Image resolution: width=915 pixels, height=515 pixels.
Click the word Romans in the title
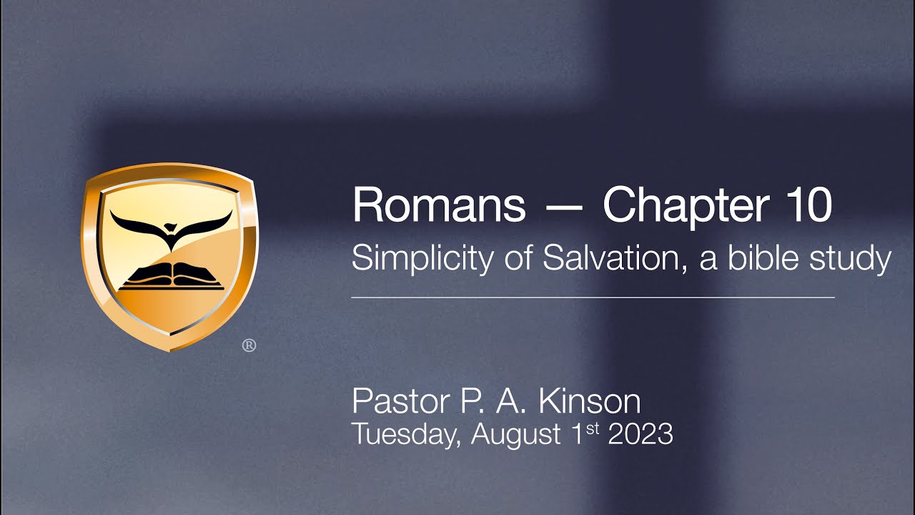tap(438, 205)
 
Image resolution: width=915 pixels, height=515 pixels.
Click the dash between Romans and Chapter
tap(563, 207)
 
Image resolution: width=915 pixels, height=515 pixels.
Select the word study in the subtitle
tap(851, 258)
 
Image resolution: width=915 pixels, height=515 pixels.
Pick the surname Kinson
tap(589, 402)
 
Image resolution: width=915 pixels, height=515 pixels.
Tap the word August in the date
tap(516, 434)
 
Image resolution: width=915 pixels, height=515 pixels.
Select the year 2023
tap(640, 434)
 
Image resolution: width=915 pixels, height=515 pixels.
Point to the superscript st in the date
tap(593, 428)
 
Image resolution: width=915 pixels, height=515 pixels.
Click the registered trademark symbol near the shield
tap(249, 345)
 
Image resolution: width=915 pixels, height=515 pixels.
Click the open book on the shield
tap(170, 276)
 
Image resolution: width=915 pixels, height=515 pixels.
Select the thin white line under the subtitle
tap(593, 297)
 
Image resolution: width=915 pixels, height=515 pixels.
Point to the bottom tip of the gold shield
tap(170, 350)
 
